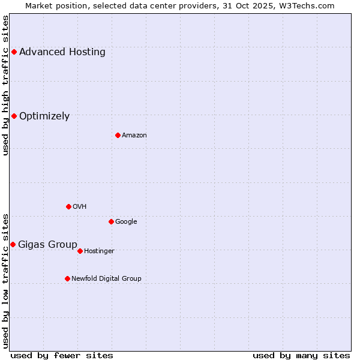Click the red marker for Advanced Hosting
pos(14,52)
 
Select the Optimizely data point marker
pos(14,116)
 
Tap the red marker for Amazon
pos(118,135)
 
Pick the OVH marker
pos(68,206)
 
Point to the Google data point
pos(111,221)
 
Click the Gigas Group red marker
pos(13,244)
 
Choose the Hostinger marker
pos(80,251)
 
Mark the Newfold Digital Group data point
pos(67,278)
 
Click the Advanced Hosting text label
pos(62,52)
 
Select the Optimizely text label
pos(44,116)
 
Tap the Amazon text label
pos(134,136)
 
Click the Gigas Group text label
pos(47,245)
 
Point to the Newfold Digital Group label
pos(106,279)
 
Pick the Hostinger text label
pos(99,251)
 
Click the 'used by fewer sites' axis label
pos(62,355)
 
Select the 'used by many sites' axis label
pos(301,355)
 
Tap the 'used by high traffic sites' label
pos(6,85)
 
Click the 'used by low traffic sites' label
pos(6,280)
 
